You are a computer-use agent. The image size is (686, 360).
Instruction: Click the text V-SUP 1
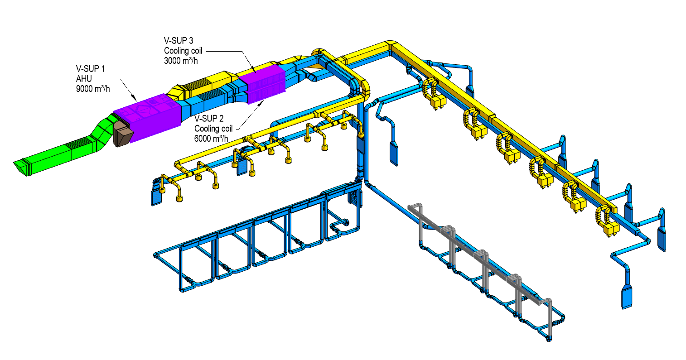(90, 69)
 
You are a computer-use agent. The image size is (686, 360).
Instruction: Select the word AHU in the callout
(83, 79)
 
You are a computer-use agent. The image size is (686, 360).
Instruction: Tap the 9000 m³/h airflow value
(93, 89)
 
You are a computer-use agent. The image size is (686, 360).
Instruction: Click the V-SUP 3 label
(179, 41)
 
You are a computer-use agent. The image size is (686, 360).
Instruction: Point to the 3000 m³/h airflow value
(181, 61)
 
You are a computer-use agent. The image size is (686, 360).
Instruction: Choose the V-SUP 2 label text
(209, 119)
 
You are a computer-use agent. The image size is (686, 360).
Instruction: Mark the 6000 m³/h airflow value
(211, 139)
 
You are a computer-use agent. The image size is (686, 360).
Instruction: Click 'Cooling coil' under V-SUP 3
(183, 51)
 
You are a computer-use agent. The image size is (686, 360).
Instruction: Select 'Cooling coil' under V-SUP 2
(213, 129)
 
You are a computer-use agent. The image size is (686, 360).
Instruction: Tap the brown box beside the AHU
(123, 134)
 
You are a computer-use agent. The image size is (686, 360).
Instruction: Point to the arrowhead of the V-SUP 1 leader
(135, 98)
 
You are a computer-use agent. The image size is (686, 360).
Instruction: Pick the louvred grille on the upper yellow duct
(194, 84)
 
